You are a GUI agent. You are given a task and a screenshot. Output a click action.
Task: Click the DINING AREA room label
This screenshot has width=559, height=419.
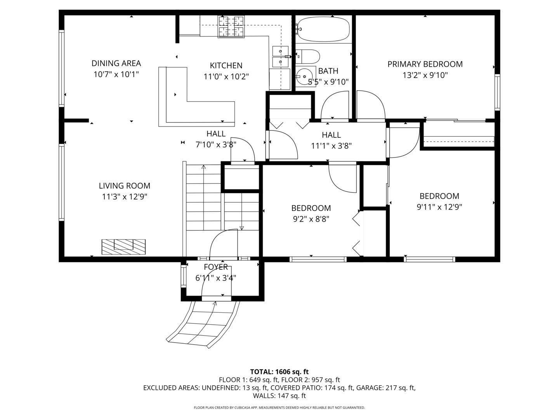coord(116,63)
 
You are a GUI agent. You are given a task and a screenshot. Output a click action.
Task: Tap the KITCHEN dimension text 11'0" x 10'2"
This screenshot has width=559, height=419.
coord(226,76)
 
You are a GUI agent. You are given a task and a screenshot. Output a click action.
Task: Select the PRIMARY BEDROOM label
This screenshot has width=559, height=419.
coord(425,64)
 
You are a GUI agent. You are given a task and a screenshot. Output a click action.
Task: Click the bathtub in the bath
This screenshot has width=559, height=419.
coord(323,29)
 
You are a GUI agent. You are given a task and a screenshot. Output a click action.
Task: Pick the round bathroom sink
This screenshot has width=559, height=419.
coord(305,74)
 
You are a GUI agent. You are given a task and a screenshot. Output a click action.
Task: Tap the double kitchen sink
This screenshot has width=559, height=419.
coord(280,57)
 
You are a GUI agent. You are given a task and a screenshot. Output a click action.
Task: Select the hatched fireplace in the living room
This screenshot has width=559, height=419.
coord(123,247)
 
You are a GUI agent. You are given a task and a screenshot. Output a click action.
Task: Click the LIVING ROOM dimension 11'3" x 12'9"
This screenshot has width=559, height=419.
coord(124,197)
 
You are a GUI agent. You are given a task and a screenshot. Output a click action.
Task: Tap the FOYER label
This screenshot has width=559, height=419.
coord(216,267)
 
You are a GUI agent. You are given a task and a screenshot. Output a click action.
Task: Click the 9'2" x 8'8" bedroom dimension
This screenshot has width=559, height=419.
coord(311,219)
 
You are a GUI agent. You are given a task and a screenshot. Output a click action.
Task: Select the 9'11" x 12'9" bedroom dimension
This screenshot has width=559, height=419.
coord(439,207)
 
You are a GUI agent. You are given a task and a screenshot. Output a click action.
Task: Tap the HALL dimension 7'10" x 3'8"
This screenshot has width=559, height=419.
coord(216,144)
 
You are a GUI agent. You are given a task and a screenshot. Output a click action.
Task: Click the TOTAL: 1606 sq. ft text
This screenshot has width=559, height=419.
coord(279,372)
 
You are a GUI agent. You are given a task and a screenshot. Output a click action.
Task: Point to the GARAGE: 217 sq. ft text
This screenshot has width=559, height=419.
coord(385,388)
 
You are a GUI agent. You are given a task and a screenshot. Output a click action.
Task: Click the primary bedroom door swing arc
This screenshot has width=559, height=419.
coord(371,104)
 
